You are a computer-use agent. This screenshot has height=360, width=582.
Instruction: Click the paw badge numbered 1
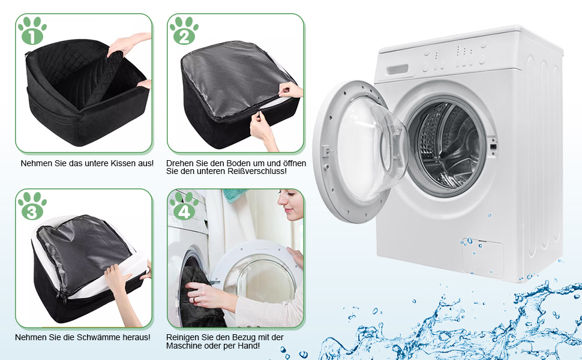[x=32, y=31]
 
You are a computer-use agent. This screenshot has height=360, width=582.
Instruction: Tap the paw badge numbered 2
[x=184, y=31]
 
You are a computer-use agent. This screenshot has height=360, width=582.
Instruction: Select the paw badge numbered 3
[x=32, y=206]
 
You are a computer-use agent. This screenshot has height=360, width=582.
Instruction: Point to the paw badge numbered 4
[x=184, y=206]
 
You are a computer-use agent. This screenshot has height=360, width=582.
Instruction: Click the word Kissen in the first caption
[x=113, y=163]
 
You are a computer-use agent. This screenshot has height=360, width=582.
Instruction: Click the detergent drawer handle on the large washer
[x=397, y=70]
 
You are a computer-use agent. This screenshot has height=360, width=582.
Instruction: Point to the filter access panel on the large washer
[x=483, y=259]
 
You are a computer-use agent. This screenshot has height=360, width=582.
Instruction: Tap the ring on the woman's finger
[x=193, y=299]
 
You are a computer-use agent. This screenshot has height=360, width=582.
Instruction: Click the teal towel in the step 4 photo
[x=235, y=196]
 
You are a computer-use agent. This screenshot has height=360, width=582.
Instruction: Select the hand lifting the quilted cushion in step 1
[x=126, y=44]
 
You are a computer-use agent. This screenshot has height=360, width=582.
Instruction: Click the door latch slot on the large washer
[x=493, y=146]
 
